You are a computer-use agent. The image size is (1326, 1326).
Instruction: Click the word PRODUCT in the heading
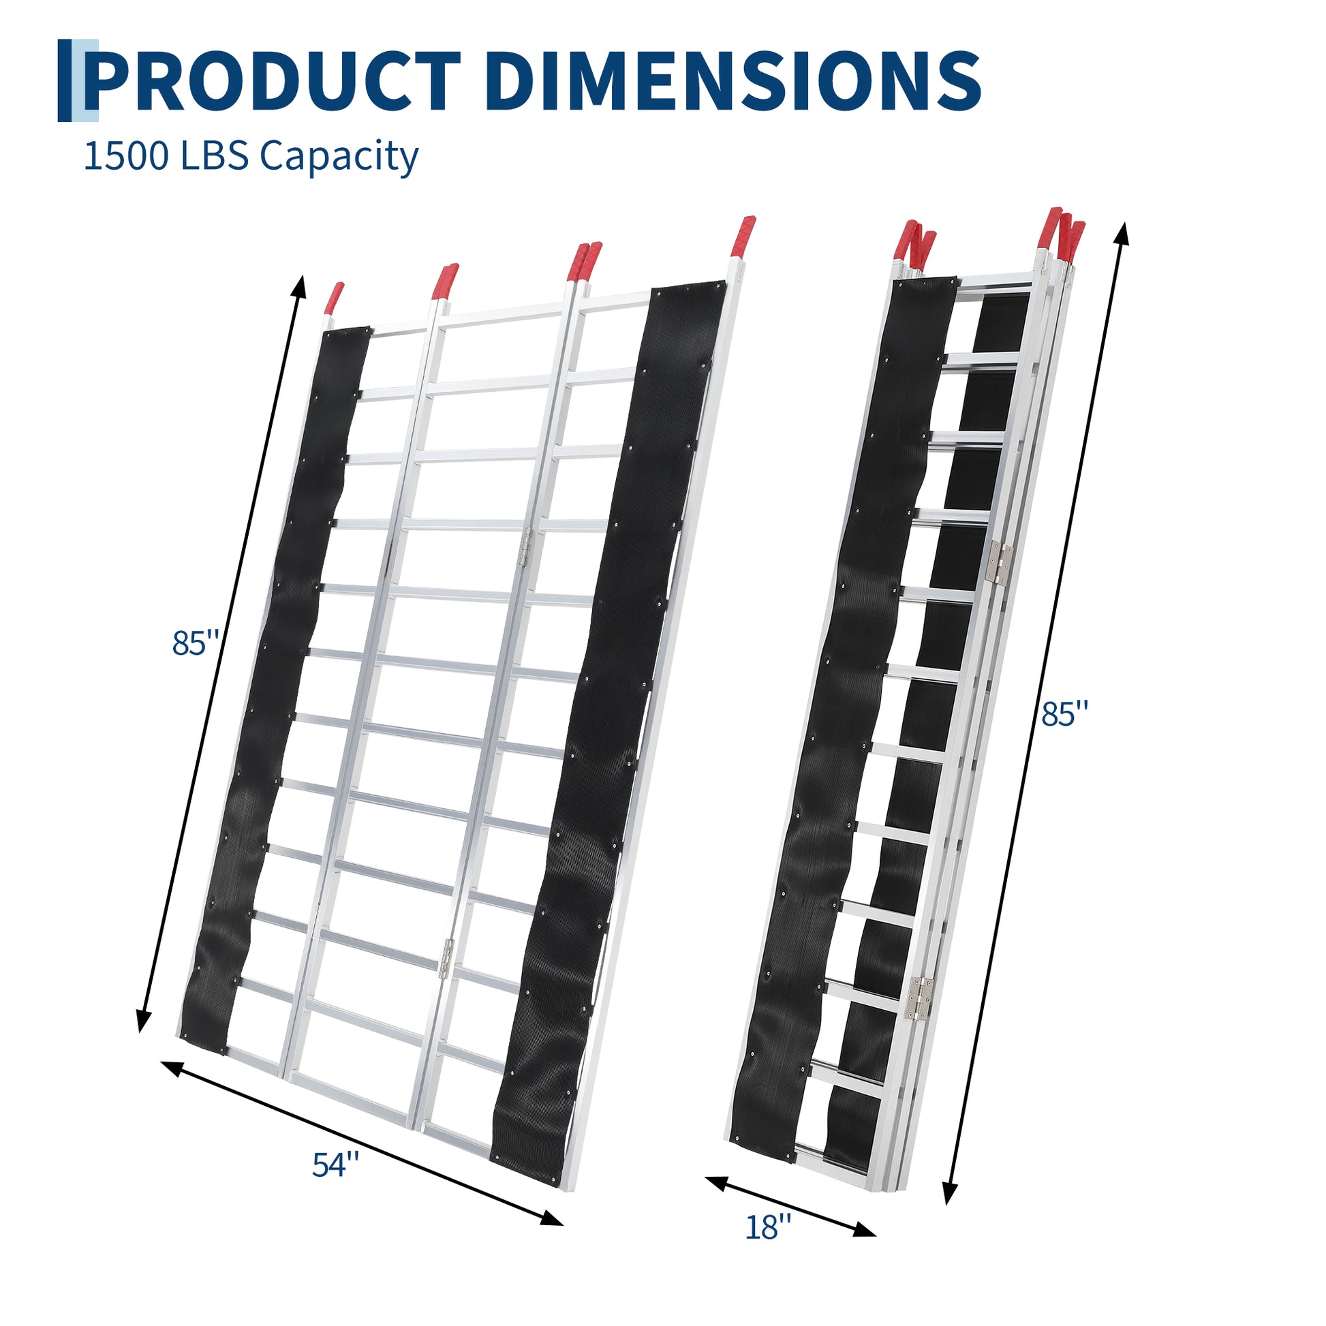click(x=273, y=81)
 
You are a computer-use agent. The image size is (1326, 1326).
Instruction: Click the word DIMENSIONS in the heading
click(x=735, y=81)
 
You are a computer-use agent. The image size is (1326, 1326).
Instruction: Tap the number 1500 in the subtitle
click(x=125, y=156)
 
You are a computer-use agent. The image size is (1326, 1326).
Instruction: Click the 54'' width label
click(x=336, y=1165)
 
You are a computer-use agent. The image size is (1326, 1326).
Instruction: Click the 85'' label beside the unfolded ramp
click(x=196, y=643)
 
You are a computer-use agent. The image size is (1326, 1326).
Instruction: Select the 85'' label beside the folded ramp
click(x=1064, y=714)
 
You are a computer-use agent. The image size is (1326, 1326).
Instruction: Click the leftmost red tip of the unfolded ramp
click(x=335, y=297)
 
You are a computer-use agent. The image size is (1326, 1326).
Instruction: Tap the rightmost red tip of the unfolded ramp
click(x=745, y=238)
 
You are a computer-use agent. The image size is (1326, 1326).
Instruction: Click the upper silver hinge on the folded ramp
click(x=1002, y=563)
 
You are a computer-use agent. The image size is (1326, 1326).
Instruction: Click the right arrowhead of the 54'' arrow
click(x=552, y=1216)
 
